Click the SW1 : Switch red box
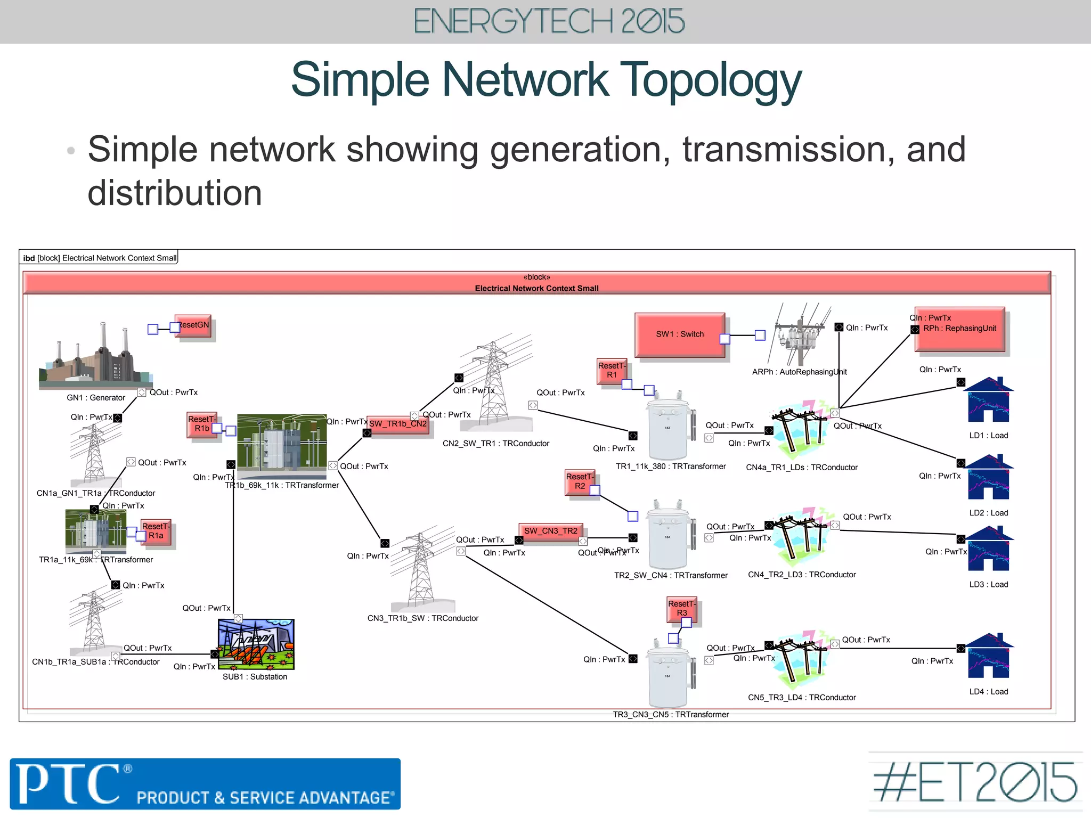point(680,334)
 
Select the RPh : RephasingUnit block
point(959,329)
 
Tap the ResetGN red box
point(194,325)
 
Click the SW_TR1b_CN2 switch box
point(398,424)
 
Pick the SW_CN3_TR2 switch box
point(551,531)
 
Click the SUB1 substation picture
point(256,644)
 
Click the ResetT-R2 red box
point(579,481)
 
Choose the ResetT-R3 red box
point(681,608)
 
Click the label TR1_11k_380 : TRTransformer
point(671,467)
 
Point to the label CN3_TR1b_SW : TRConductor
point(423,618)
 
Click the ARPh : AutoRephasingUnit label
point(799,372)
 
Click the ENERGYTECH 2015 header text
point(549,22)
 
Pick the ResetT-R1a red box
point(156,531)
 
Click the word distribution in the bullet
point(175,193)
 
